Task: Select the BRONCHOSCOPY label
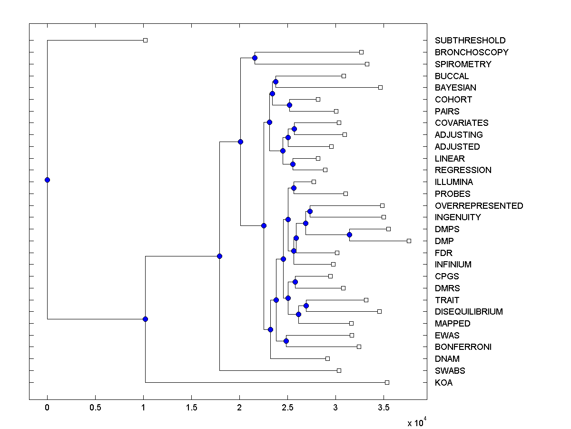[x=472, y=52]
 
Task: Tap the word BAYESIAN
[x=455, y=88]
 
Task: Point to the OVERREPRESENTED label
[x=479, y=206]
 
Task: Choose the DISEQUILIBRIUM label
[x=469, y=312]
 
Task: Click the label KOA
[x=443, y=383]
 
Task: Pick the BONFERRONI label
[x=463, y=347]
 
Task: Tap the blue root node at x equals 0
[x=47, y=180]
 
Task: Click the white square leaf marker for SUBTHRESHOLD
[x=146, y=41]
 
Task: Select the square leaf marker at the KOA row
[x=387, y=382]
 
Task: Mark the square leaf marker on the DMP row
[x=409, y=241]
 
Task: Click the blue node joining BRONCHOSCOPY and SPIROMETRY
[x=255, y=58]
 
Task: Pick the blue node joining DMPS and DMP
[x=349, y=235]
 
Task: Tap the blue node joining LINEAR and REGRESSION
[x=293, y=164]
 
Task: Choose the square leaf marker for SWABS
[x=339, y=370]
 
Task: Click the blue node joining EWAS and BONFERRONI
[x=286, y=341]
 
